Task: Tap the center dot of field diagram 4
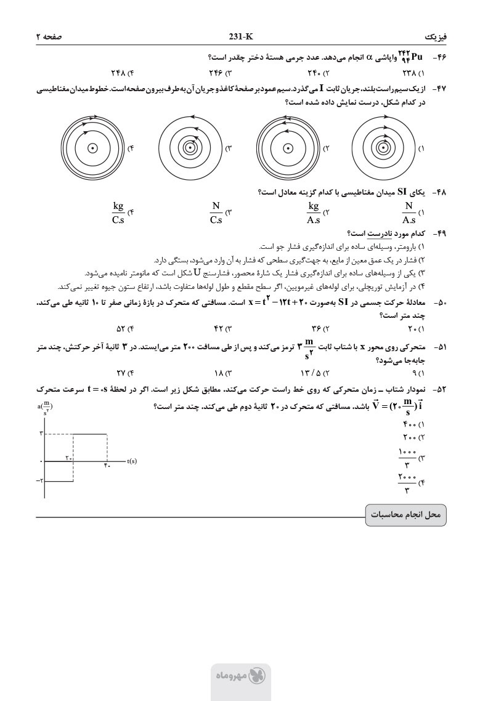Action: [x=92, y=148]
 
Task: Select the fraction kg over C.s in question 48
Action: [x=118, y=213]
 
